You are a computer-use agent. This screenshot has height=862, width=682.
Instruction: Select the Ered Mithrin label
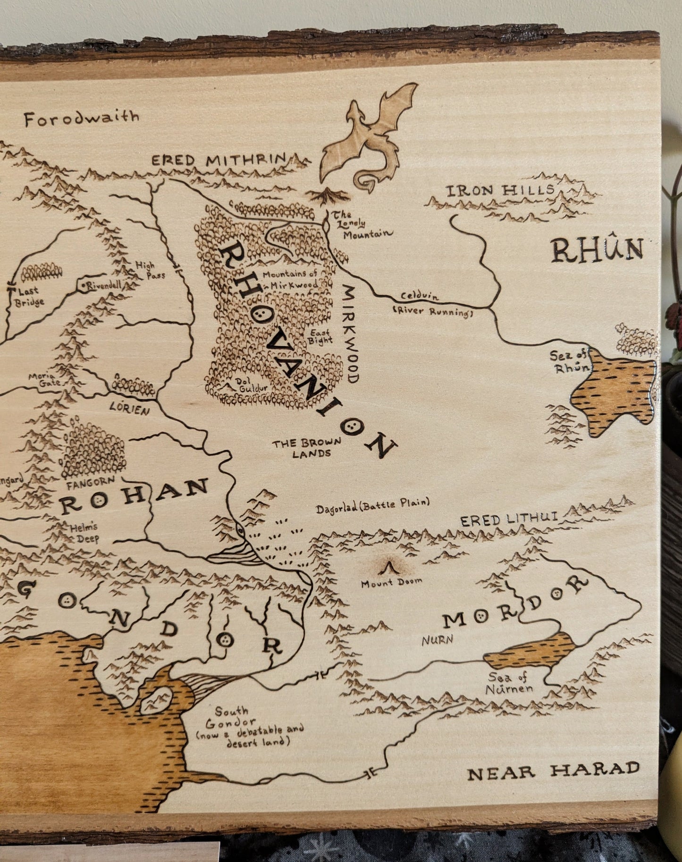(x=219, y=161)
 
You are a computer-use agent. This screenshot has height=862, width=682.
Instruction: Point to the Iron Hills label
(x=500, y=191)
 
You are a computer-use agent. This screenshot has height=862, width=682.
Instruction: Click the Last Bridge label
(x=31, y=297)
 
